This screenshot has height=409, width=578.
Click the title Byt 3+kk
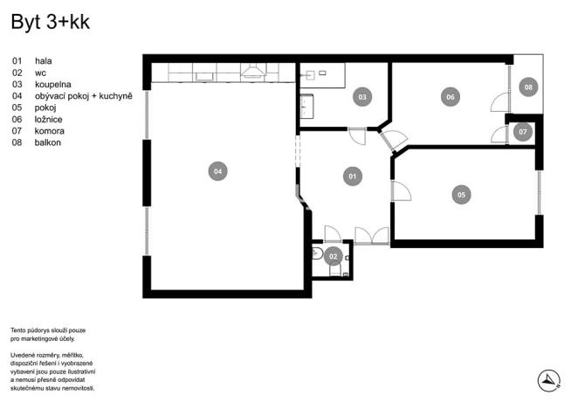(51, 23)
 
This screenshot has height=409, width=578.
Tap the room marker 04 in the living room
(217, 171)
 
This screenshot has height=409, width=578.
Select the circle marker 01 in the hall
(353, 177)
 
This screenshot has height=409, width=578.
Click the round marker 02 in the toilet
(333, 257)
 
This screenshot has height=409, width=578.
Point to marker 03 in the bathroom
(361, 97)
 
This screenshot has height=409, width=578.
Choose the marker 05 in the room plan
(461, 195)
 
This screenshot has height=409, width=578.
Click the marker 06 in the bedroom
(451, 97)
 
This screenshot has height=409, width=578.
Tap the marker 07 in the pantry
(522, 132)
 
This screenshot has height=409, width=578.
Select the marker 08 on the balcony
(527, 87)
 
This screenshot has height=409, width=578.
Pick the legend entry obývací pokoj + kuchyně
(83, 96)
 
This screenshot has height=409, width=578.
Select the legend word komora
(50, 130)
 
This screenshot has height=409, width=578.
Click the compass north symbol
(547, 379)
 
